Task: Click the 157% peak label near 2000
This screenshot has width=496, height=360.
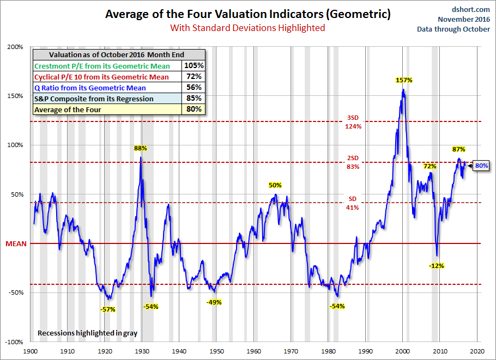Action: pos(404,80)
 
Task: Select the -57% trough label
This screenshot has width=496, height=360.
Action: pos(108,309)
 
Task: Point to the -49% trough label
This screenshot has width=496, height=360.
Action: pos(214,302)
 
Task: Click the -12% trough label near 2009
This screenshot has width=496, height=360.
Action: pos(437,266)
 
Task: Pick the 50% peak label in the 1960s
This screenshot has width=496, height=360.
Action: pos(275,185)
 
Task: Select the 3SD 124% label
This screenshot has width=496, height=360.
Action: pos(353,122)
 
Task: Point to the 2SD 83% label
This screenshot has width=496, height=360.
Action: pos(353,163)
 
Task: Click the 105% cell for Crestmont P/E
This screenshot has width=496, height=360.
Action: pos(193,65)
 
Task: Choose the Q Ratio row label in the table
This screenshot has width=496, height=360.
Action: pos(90,88)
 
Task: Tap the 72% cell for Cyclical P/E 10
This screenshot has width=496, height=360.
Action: pos(193,77)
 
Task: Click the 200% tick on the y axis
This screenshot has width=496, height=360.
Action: pos(15,47)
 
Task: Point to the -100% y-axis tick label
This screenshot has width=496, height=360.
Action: pos(14,342)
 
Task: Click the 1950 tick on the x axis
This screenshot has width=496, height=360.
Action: pos(216,352)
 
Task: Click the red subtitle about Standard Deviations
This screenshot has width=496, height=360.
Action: pos(247,27)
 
